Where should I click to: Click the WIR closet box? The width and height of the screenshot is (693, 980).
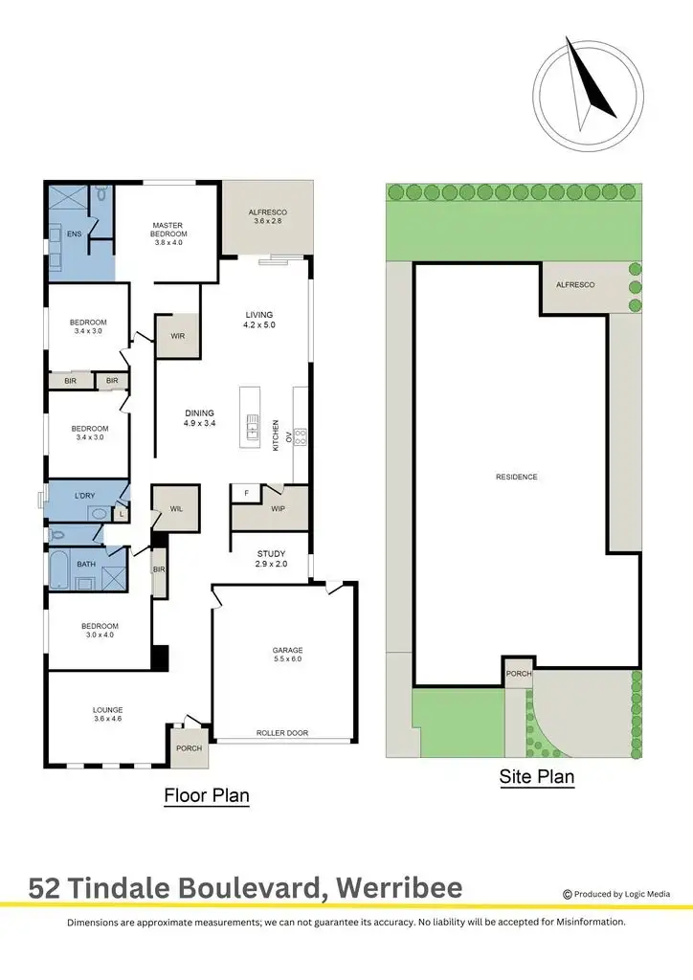click(x=178, y=336)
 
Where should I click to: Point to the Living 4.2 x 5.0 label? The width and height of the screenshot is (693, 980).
click(x=258, y=320)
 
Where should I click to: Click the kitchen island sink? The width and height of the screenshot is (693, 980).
click(x=253, y=424)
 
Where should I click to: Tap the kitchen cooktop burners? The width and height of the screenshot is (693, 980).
click(x=300, y=437)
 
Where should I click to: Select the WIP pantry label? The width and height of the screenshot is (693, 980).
click(x=279, y=509)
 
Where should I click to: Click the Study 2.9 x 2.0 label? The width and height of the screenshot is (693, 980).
click(x=271, y=559)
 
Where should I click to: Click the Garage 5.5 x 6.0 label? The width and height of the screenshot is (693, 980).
click(x=286, y=655)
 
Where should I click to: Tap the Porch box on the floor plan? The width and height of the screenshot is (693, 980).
click(x=189, y=746)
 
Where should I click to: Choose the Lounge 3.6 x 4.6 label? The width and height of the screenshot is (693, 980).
click(x=107, y=715)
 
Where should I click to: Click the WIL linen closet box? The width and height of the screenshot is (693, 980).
click(x=176, y=509)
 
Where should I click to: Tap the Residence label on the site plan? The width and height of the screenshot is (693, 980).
click(x=516, y=477)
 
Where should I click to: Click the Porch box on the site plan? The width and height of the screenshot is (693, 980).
click(x=519, y=674)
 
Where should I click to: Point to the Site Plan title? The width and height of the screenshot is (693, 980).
click(x=537, y=776)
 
